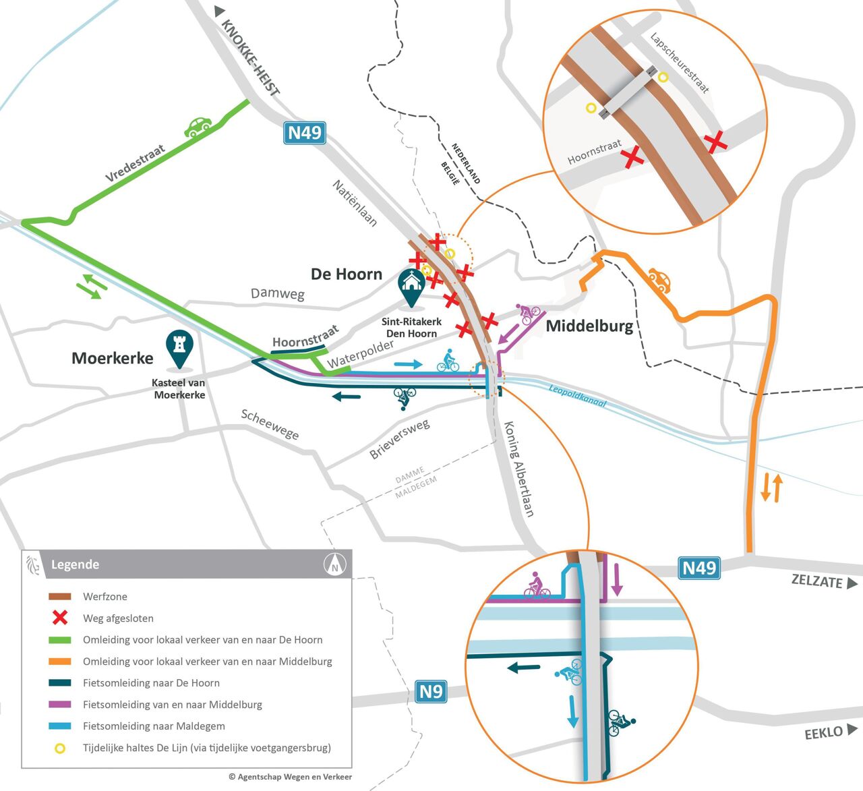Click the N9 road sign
[x=431, y=691]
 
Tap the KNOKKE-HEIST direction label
[x=250, y=58]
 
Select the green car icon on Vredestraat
[x=198, y=127]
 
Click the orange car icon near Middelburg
[x=659, y=280]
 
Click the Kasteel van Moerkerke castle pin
[x=179, y=349]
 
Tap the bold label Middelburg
[x=589, y=326]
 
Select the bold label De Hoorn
[x=347, y=274]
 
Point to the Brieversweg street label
[x=399, y=439]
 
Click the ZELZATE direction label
[x=817, y=581]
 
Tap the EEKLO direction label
[x=823, y=732]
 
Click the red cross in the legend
[x=60, y=618]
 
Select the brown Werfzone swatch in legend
[x=60, y=597]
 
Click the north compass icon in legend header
[x=334, y=564]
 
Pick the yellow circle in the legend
[x=60, y=748]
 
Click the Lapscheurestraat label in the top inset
[x=680, y=63]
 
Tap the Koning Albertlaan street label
[x=520, y=469]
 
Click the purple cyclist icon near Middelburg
[x=529, y=314]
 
